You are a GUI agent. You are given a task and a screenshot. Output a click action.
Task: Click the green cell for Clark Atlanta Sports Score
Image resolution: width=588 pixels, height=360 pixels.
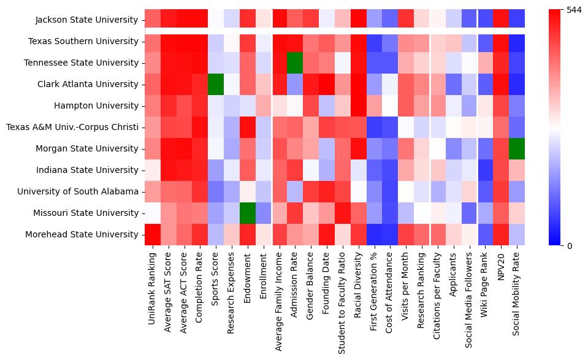[215, 84]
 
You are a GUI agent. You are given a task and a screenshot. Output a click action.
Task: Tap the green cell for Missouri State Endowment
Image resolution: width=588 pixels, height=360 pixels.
[247, 213]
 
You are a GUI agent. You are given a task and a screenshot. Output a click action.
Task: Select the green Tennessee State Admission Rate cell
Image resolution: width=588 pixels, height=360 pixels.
[295, 63]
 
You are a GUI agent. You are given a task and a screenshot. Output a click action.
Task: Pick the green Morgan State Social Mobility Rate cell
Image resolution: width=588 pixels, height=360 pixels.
[517, 148]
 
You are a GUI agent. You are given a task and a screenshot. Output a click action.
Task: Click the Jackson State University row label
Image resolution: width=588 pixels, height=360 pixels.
[86, 20]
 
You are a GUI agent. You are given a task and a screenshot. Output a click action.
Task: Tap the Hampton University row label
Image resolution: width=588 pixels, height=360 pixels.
[96, 105]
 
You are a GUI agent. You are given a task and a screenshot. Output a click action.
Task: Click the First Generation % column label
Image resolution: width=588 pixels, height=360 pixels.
[375, 294]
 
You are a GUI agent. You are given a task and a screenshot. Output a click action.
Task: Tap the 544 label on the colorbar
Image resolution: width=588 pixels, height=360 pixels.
[575, 10]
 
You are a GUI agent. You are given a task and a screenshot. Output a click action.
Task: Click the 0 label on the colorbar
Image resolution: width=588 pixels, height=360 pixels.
[569, 246]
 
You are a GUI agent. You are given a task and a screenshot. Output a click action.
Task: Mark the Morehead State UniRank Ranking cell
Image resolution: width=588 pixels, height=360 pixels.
[152, 234]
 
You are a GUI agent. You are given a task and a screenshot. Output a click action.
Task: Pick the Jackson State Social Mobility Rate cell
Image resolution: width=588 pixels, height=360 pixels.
[517, 20]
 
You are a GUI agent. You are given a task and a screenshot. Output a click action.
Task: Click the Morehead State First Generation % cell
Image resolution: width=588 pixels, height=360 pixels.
[375, 234]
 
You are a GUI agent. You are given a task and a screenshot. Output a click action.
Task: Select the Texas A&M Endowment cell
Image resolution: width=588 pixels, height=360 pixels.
[247, 127]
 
